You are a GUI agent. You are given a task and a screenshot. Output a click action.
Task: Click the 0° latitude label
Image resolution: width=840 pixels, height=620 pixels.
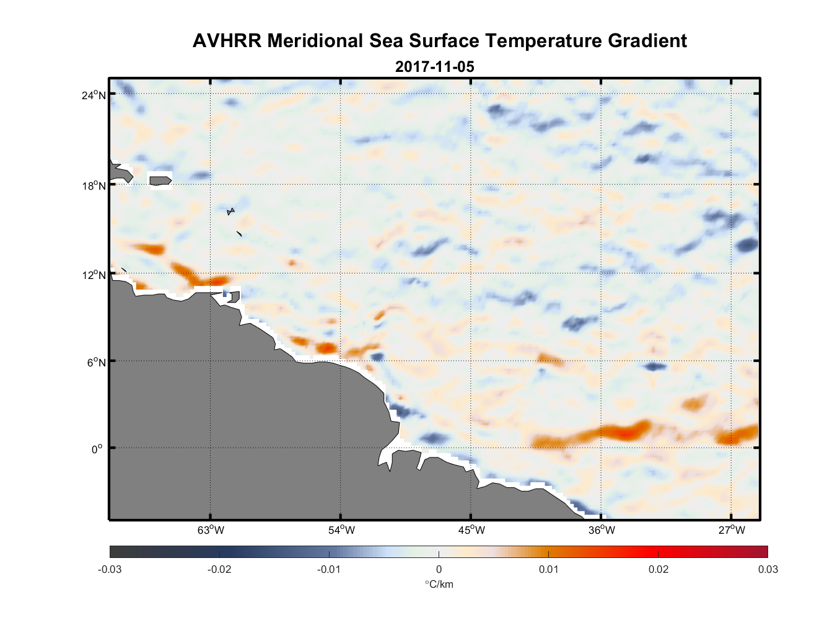click(x=97, y=449)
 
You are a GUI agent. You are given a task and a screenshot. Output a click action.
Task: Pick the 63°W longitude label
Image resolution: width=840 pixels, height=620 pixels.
click(x=211, y=530)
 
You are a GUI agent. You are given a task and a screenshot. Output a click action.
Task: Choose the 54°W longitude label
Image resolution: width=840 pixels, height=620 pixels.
click(x=341, y=530)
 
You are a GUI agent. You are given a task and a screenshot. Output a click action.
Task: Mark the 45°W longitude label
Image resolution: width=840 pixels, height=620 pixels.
click(x=471, y=530)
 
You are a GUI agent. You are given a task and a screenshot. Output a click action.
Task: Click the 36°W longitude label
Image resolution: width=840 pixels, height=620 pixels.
click(x=602, y=530)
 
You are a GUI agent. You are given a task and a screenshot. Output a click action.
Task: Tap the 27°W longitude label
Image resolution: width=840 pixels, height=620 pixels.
click(x=732, y=530)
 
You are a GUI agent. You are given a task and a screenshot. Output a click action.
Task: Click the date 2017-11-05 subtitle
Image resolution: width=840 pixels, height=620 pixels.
click(x=434, y=66)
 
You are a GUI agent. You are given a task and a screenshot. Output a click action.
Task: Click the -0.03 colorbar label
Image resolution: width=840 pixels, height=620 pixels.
click(x=110, y=570)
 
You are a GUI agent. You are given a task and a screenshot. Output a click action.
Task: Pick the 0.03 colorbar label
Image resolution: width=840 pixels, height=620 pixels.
click(x=768, y=570)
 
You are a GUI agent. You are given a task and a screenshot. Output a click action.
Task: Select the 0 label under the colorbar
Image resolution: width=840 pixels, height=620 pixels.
click(x=439, y=570)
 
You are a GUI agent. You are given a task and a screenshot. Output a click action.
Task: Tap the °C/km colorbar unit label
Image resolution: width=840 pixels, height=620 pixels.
click(x=439, y=584)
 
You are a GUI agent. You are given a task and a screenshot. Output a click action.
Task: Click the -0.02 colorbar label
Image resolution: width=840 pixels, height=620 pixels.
click(x=219, y=570)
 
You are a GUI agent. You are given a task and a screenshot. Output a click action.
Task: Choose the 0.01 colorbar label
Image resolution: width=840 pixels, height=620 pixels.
click(x=548, y=570)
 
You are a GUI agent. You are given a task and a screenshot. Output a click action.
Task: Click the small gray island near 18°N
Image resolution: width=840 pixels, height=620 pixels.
click(x=160, y=180)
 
